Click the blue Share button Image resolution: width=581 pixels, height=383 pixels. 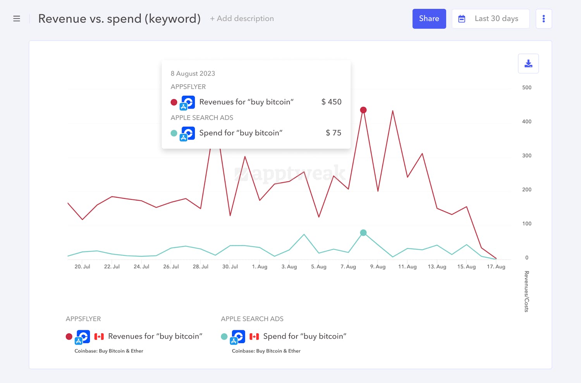click(429, 19)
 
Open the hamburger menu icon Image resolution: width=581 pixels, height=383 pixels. click(17, 19)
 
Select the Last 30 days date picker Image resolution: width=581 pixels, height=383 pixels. click(490, 19)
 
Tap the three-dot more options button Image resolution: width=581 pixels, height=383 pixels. click(543, 19)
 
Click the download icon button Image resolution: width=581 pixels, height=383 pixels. click(528, 64)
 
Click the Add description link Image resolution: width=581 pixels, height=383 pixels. click(242, 19)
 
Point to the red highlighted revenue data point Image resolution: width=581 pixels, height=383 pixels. click(363, 110)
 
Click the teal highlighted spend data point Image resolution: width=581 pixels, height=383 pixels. click(363, 233)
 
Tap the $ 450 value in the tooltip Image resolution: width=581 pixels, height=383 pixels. click(331, 102)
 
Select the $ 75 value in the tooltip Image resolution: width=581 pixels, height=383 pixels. click(333, 133)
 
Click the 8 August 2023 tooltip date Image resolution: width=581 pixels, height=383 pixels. click(193, 74)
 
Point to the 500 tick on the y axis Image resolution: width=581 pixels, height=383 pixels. click(527, 88)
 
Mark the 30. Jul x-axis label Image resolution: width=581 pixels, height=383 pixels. click(230, 267)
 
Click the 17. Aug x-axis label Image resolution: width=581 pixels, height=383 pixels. click(496, 267)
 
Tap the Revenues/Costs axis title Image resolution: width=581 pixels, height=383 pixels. click(526, 292)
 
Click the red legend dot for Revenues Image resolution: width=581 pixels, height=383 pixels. click(69, 336)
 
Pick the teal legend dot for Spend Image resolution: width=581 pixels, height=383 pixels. click(224, 336)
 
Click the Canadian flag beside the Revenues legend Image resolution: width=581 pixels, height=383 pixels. click(99, 336)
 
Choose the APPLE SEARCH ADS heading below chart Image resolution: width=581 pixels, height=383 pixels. click(252, 319)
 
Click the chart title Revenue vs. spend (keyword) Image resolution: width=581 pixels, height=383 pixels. click(119, 19)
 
